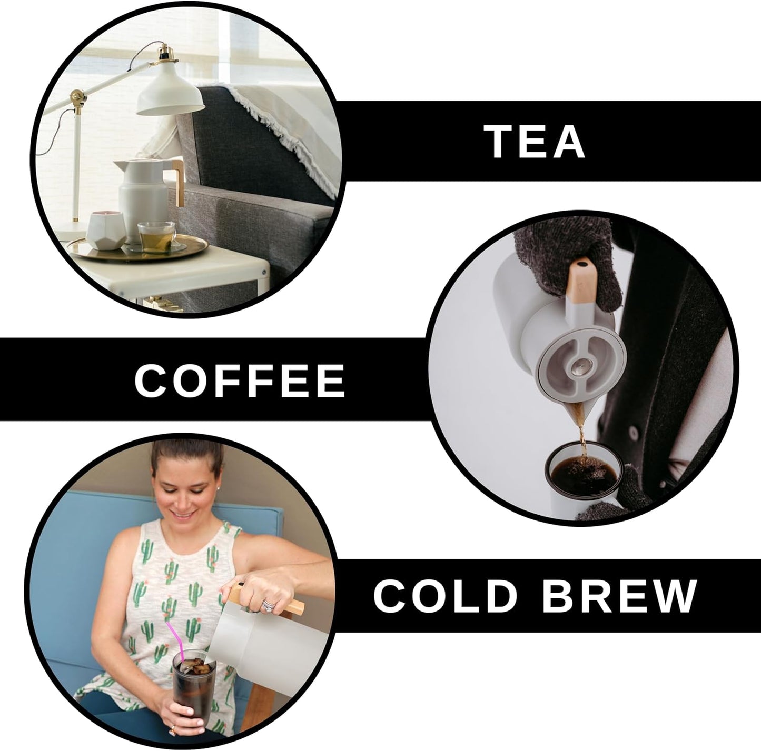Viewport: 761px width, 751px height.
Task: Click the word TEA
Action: click(537, 142)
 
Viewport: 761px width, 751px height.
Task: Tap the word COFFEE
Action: click(240, 380)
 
